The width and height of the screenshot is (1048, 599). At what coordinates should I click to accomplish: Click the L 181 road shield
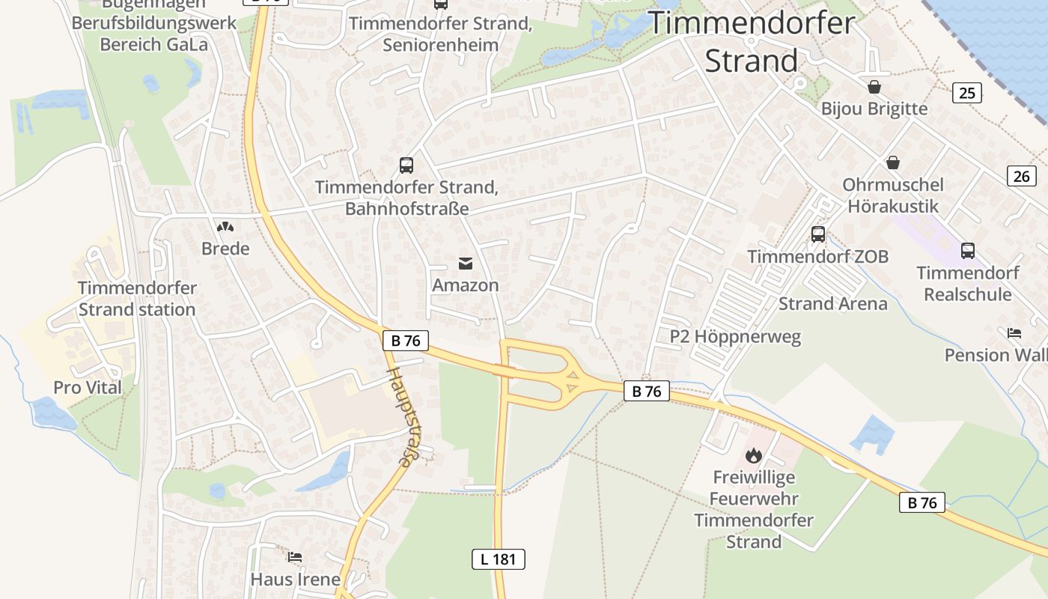pos(498,559)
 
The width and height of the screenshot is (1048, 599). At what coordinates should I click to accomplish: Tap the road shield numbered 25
pos(967,93)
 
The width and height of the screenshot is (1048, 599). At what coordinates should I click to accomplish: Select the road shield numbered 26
pos(1022,176)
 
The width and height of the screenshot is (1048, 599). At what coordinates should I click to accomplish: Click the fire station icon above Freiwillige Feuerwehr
pos(753,454)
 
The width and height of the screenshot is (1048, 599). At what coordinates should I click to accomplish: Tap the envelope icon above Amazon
pos(466,263)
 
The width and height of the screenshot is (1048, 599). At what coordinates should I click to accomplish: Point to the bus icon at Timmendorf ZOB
pos(817,234)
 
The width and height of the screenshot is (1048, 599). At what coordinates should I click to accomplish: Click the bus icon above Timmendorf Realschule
pos(967,251)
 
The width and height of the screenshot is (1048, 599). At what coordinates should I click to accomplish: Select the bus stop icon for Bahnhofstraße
pos(406,165)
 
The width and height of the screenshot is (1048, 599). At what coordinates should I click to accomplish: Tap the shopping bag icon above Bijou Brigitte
pos(874,87)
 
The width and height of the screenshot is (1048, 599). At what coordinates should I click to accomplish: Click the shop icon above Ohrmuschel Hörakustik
pos(892,162)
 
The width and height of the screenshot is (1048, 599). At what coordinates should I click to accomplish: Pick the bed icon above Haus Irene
pos(295,557)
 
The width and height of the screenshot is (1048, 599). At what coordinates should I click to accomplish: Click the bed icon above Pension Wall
pos(1014,332)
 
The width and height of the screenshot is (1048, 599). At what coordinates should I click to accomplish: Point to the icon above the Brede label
pos(225,226)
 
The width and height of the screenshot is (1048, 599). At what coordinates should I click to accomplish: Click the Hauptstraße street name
pos(399,416)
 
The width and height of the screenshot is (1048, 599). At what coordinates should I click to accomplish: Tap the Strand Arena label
pos(832,304)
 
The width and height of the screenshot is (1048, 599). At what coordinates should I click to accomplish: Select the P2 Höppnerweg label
pos(735,337)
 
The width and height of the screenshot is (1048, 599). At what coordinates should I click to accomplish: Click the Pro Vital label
pos(87,388)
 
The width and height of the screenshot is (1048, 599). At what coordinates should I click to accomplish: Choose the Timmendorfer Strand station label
pos(137,299)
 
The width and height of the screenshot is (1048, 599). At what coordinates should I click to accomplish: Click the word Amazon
pos(465,285)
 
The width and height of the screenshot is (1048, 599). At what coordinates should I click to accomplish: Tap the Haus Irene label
pos(295,580)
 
